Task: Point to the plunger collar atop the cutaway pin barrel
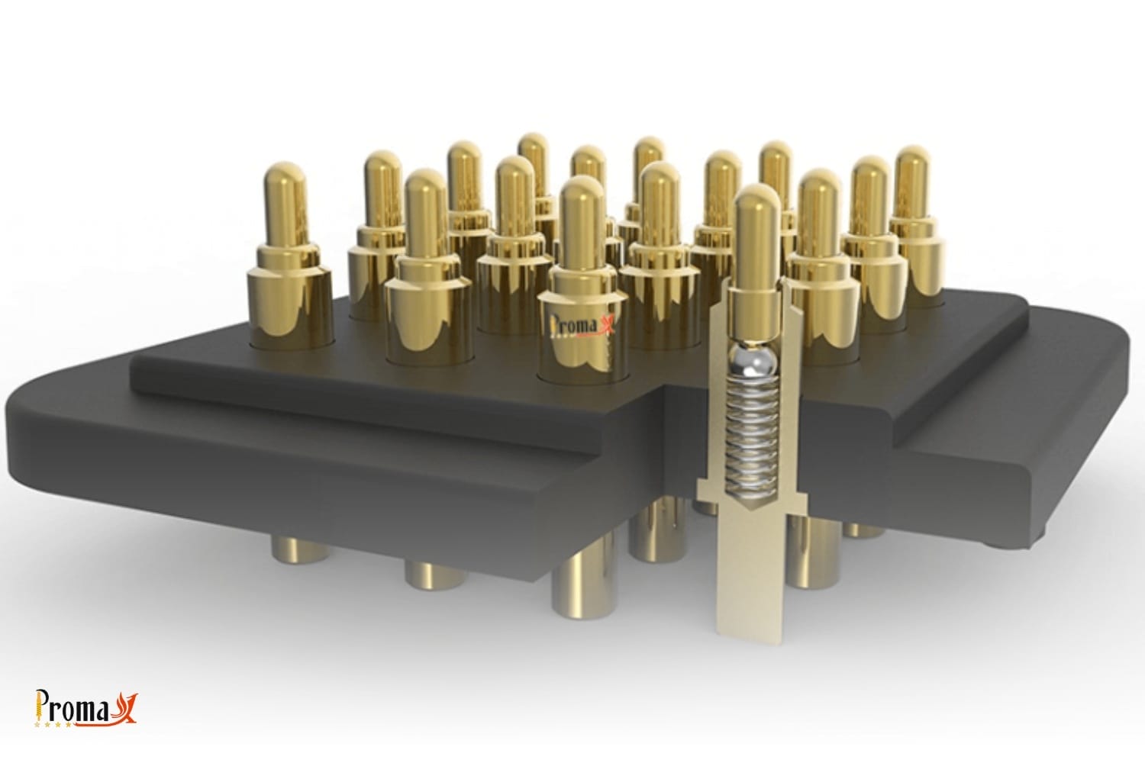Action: [753, 305]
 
